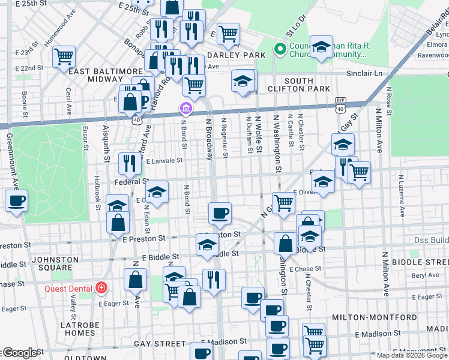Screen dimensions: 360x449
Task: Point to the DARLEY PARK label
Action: coord(228,55)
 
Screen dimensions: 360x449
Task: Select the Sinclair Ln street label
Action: coord(364,73)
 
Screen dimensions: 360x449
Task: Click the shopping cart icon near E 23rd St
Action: coord(64,57)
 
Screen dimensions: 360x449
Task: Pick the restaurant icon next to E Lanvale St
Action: coord(130,163)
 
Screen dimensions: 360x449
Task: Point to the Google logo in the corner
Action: coord(19,353)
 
